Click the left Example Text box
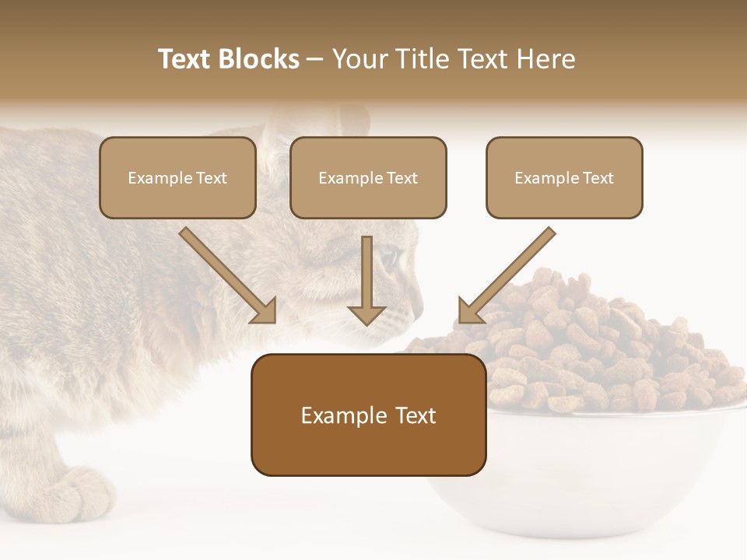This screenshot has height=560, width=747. coord(177,178)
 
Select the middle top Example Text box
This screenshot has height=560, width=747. coord(368,178)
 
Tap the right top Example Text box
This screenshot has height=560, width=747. coord(564,178)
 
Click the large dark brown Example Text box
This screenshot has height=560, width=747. coord(368,415)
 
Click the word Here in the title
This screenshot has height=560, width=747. coord(547,59)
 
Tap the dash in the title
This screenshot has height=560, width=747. coord(315,59)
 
